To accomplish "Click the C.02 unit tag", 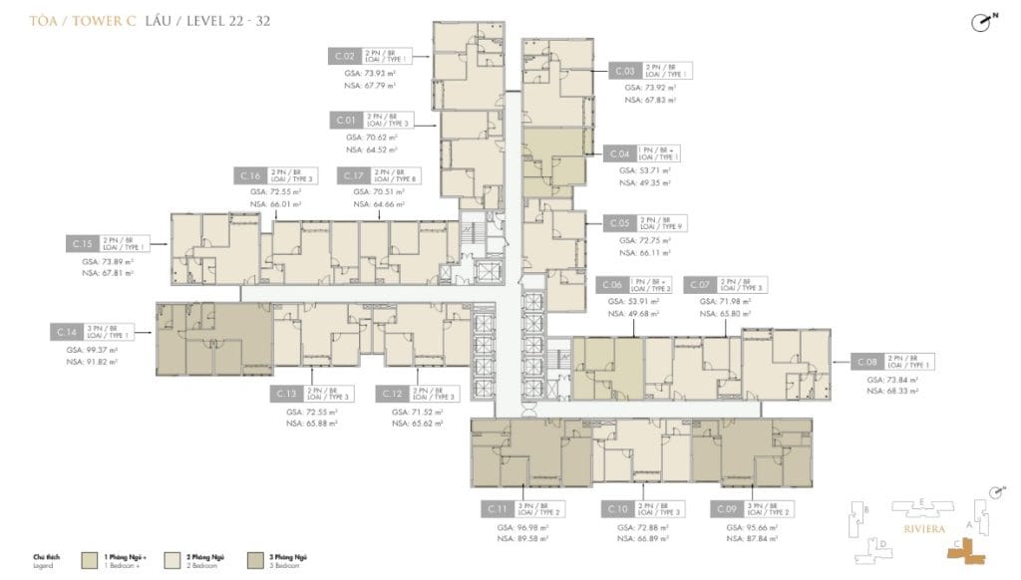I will point(346,57).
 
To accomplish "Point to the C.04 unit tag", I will point(617,153).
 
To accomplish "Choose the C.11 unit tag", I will point(498,509).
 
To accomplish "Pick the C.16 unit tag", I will point(250,175).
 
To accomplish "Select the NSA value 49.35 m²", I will point(650,183).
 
